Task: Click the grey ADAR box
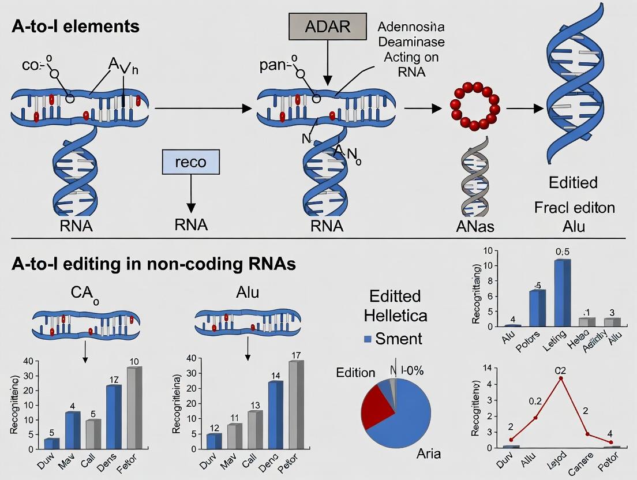pyautogui.click(x=327, y=27)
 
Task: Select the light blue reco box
pyautogui.click(x=190, y=162)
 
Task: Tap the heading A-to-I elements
pyautogui.click(x=74, y=27)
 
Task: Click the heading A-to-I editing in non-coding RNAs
pyautogui.click(x=153, y=264)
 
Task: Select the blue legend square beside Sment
pyautogui.click(x=366, y=339)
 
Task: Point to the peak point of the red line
pyautogui.click(x=561, y=378)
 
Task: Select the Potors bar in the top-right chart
pyautogui.click(x=537, y=308)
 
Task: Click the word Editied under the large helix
pyautogui.click(x=573, y=183)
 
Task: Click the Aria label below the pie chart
pyautogui.click(x=429, y=453)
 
